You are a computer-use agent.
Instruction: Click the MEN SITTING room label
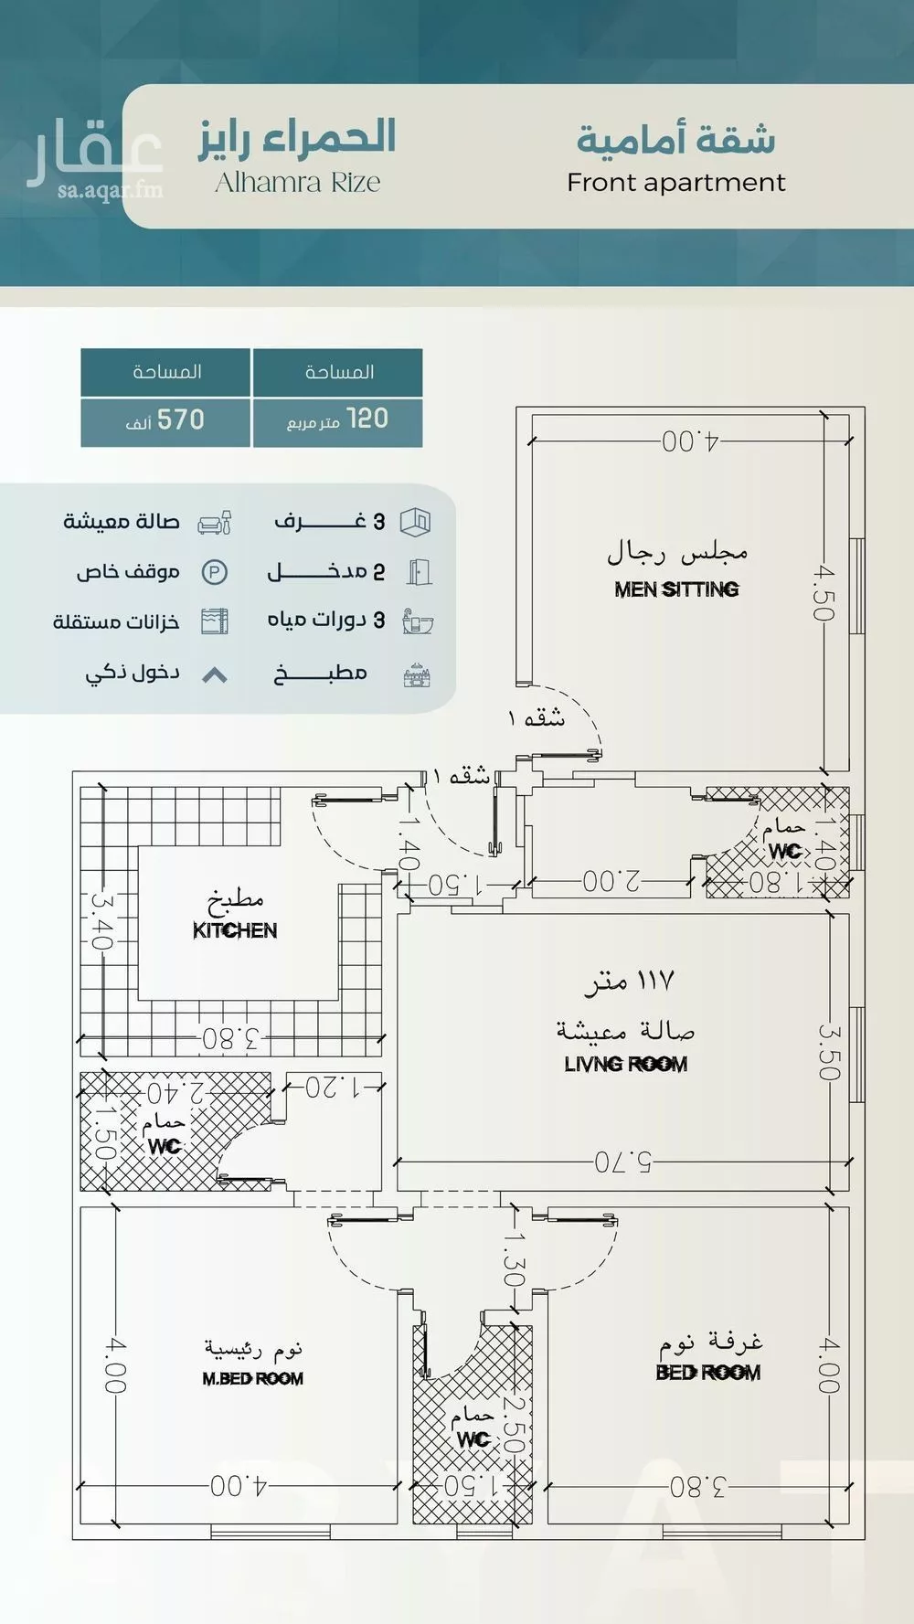click(676, 589)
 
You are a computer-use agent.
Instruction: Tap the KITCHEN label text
click(235, 930)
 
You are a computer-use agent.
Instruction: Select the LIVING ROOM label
click(625, 1064)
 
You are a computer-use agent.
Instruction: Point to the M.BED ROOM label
click(252, 1378)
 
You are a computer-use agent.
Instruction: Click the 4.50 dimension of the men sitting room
click(824, 593)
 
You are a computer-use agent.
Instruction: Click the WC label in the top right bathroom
click(784, 851)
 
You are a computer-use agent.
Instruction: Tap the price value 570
click(180, 420)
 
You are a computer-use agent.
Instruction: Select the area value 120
click(367, 419)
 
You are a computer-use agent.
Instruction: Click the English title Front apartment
click(675, 183)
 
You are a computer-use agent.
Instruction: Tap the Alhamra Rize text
click(297, 183)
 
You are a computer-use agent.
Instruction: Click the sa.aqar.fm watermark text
click(110, 190)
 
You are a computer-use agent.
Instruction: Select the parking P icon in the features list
click(214, 573)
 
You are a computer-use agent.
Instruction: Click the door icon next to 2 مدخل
click(418, 572)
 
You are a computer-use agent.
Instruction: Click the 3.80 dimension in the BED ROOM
click(697, 1487)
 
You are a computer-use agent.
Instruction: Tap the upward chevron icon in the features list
click(214, 675)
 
